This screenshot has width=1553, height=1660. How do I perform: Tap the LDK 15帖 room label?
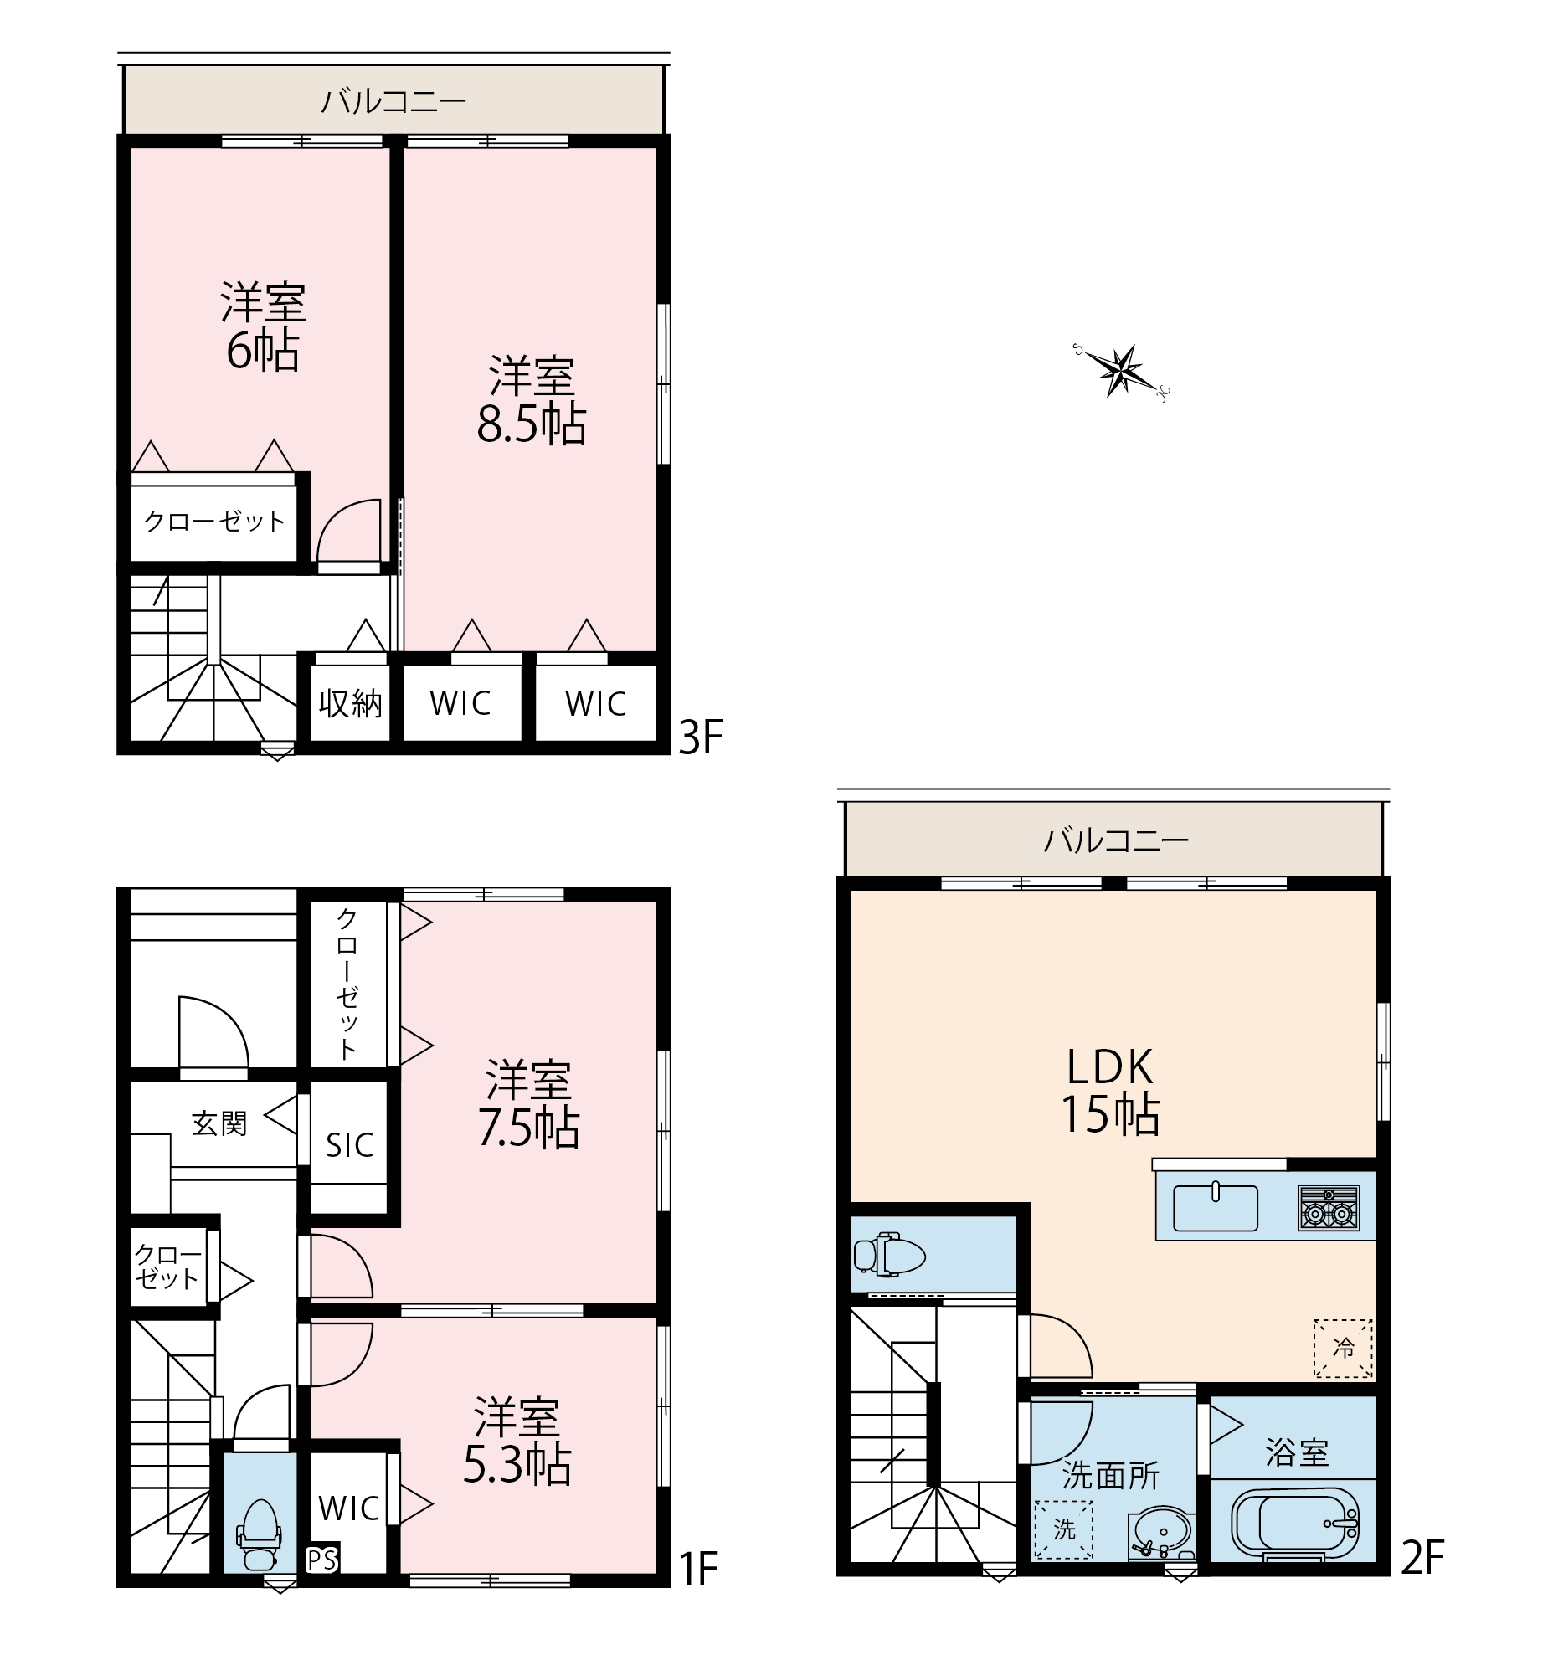1110,1090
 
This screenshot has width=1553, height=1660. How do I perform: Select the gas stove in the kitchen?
1329,1208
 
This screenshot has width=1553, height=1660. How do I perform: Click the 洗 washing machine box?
1064,1529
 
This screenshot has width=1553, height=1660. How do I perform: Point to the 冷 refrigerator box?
1342,1349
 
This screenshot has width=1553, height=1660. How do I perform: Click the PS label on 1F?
321,1560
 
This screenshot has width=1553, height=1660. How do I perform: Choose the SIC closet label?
349,1145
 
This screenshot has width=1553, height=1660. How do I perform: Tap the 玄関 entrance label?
219,1123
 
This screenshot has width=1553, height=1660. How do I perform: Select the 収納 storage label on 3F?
350,703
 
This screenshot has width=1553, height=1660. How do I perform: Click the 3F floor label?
700,738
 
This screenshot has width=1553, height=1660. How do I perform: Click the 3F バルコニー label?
393,101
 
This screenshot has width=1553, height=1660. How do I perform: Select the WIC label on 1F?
349,1508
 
